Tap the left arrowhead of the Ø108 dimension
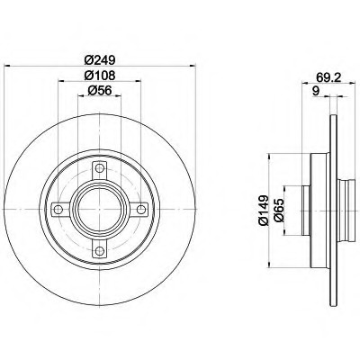[x=60, y=83]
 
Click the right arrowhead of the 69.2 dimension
[x=347, y=84]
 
